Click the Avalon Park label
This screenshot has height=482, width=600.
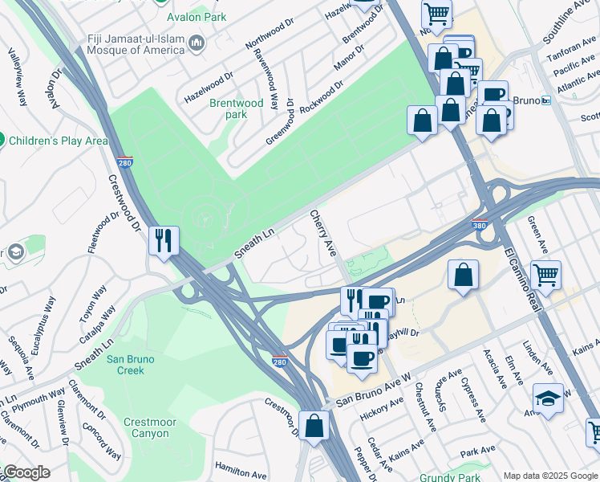pos(197,17)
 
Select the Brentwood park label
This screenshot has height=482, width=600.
pos(236,108)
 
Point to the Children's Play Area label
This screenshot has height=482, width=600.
pos(58,141)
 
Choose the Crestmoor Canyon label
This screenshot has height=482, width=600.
pos(146,427)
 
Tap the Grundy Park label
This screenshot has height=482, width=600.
pos(444,476)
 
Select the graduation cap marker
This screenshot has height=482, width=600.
pos(548,398)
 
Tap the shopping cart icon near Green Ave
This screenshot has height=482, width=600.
pos(545,275)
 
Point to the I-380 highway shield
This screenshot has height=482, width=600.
pos(479,227)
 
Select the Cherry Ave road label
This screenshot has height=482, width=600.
pos(323,234)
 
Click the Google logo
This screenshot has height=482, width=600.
pos(26,472)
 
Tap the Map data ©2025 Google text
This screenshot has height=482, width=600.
pos(549,476)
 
